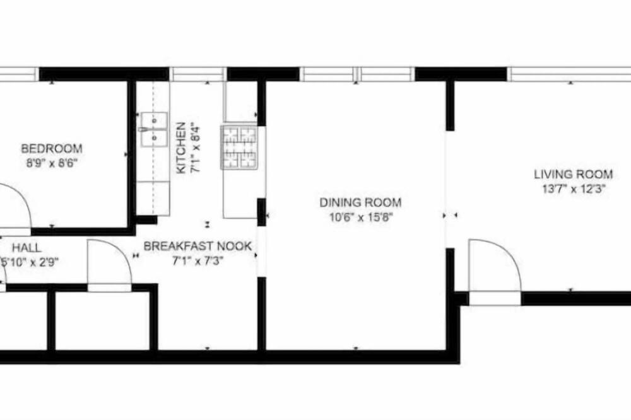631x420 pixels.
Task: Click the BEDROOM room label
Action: tap(52, 148)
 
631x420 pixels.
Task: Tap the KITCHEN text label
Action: tap(181, 148)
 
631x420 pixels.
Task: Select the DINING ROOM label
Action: tap(360, 202)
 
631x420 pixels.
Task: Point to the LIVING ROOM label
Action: tap(573, 174)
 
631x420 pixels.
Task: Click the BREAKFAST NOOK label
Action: tap(198, 246)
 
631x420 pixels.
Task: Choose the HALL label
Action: tap(27, 247)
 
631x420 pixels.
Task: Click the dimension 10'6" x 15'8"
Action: tap(360, 218)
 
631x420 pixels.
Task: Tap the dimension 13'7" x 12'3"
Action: tap(574, 189)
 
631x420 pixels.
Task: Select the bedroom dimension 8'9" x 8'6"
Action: tap(52, 164)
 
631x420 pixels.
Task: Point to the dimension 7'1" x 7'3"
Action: tap(198, 261)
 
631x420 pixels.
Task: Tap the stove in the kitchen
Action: tap(239, 147)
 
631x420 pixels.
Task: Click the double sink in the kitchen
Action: tap(154, 129)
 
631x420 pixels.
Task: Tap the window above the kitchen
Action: tap(198, 74)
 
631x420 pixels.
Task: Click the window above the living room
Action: tap(569, 74)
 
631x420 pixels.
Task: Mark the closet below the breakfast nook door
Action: tap(102, 320)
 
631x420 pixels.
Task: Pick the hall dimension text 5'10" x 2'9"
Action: tap(30, 262)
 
